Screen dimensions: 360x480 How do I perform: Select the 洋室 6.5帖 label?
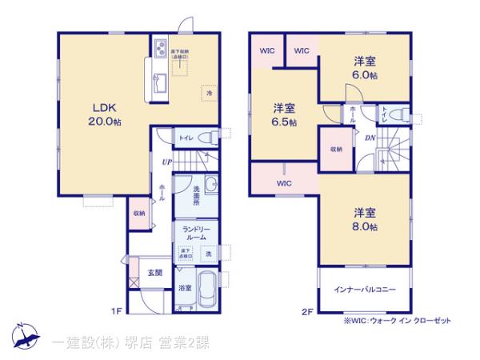pyautogui.click(x=284, y=114)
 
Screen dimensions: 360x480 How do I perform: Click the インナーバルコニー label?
pyautogui.click(x=366, y=290)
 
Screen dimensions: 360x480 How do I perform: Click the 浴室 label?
pyautogui.click(x=184, y=288)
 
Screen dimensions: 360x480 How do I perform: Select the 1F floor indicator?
pyautogui.click(x=115, y=310)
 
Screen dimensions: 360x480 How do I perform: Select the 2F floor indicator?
pyautogui.click(x=306, y=310)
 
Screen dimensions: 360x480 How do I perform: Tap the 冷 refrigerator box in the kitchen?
pyautogui.click(x=206, y=93)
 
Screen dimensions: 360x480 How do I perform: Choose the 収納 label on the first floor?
pyautogui.click(x=139, y=213)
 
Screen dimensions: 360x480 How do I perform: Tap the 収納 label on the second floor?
pyautogui.click(x=336, y=149)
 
